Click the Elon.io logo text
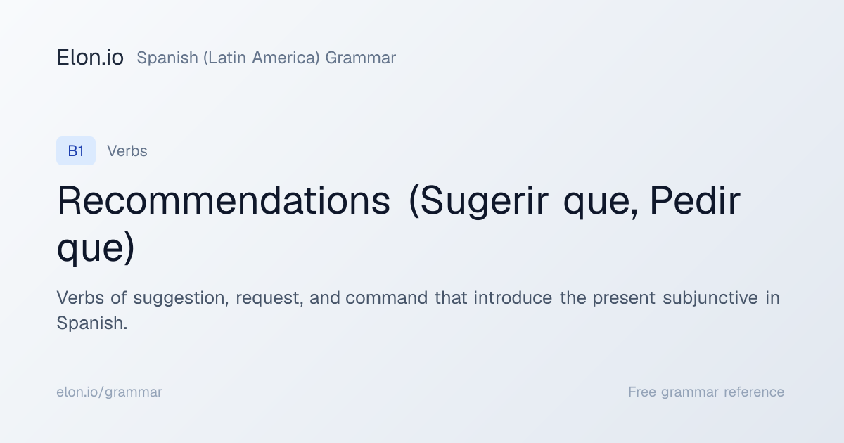click(90, 58)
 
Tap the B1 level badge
click(76, 150)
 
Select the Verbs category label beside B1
click(127, 151)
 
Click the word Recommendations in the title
click(224, 200)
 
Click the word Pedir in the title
click(695, 200)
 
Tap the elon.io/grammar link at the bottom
click(109, 392)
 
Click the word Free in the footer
click(642, 392)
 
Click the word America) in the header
click(286, 58)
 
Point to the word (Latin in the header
click(224, 58)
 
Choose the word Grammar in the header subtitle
click(361, 58)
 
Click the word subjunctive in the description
click(710, 298)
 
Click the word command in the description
click(387, 297)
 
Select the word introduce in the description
click(513, 297)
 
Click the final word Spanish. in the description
click(92, 323)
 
